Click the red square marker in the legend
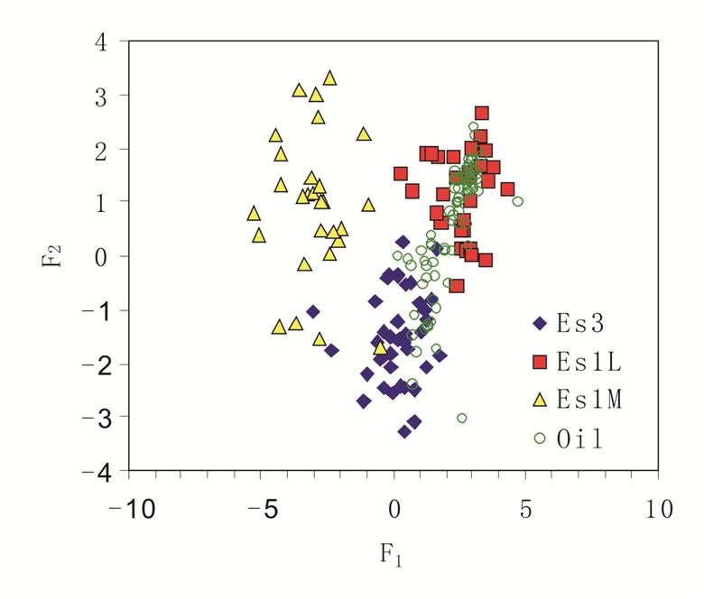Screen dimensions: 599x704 (540, 362)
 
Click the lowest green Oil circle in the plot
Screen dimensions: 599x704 (462, 419)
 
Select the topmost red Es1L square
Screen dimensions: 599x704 (482, 114)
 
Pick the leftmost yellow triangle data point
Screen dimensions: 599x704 (254, 214)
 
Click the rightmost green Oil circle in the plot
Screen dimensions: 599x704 (517, 202)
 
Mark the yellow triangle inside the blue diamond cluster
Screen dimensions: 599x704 (381, 347)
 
